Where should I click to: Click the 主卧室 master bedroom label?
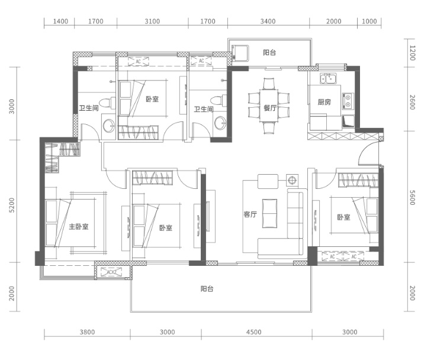point(79,227)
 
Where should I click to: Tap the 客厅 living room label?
point(250,214)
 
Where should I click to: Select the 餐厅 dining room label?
point(270,108)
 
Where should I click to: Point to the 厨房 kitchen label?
point(324,102)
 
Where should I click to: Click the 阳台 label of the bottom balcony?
point(207,289)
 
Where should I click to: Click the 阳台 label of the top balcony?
point(269,52)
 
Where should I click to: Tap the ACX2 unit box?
point(111,272)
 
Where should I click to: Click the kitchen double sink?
point(328,79)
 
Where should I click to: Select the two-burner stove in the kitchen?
point(348,101)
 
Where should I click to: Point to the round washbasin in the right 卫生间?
point(220,123)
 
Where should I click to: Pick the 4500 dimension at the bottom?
point(253,332)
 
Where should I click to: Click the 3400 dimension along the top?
point(268,21)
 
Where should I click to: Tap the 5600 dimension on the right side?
point(413,198)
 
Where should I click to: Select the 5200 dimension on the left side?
point(12,205)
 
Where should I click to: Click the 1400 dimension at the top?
point(60,21)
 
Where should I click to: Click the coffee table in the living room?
point(269,213)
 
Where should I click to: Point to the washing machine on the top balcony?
point(240,53)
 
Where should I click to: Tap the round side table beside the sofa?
point(292,181)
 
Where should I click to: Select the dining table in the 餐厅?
point(269,105)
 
